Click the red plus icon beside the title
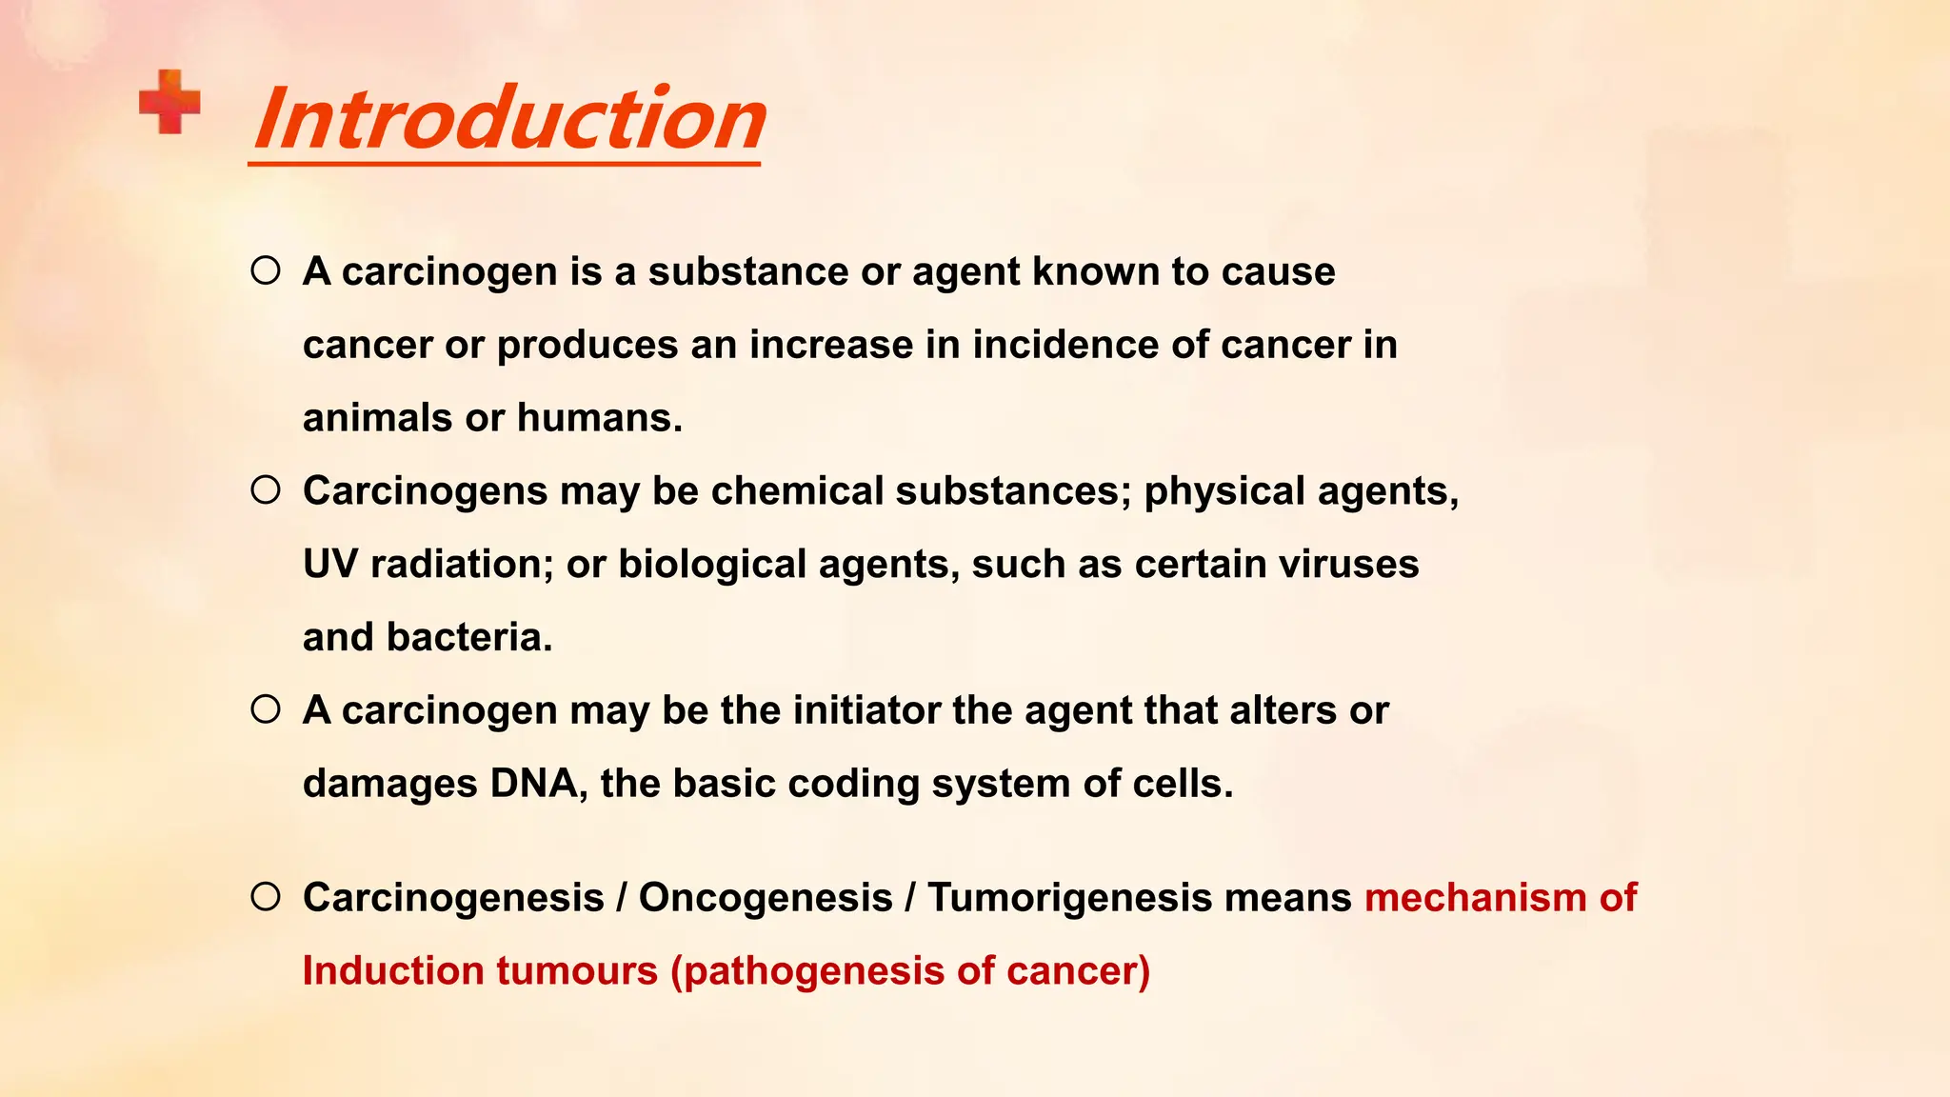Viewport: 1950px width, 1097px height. click(x=169, y=102)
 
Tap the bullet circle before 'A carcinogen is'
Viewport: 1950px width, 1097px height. click(x=266, y=271)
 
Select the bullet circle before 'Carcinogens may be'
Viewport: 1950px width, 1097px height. click(x=266, y=490)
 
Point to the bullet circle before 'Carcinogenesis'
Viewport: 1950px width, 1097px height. click(x=266, y=897)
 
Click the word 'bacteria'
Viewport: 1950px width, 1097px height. click(x=468, y=637)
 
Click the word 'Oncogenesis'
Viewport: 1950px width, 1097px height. click(x=764, y=898)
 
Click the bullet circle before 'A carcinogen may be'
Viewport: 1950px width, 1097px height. click(x=266, y=709)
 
